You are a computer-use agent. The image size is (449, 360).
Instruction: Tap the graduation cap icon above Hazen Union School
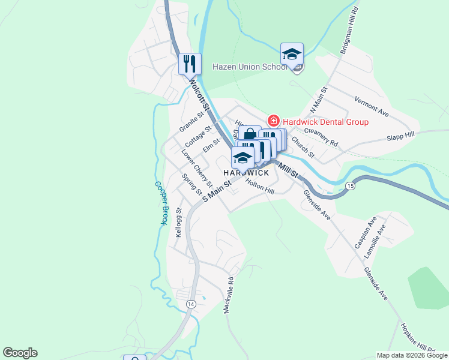point(292,54)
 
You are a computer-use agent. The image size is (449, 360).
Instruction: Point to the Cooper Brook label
point(160,203)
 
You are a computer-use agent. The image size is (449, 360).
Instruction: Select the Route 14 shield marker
point(190,304)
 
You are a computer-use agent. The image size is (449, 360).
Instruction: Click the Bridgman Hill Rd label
point(349,31)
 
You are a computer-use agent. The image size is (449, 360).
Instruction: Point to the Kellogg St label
point(178,223)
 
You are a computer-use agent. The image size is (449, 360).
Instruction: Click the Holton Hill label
point(259,188)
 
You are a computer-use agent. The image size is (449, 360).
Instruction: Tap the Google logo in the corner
point(20,353)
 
